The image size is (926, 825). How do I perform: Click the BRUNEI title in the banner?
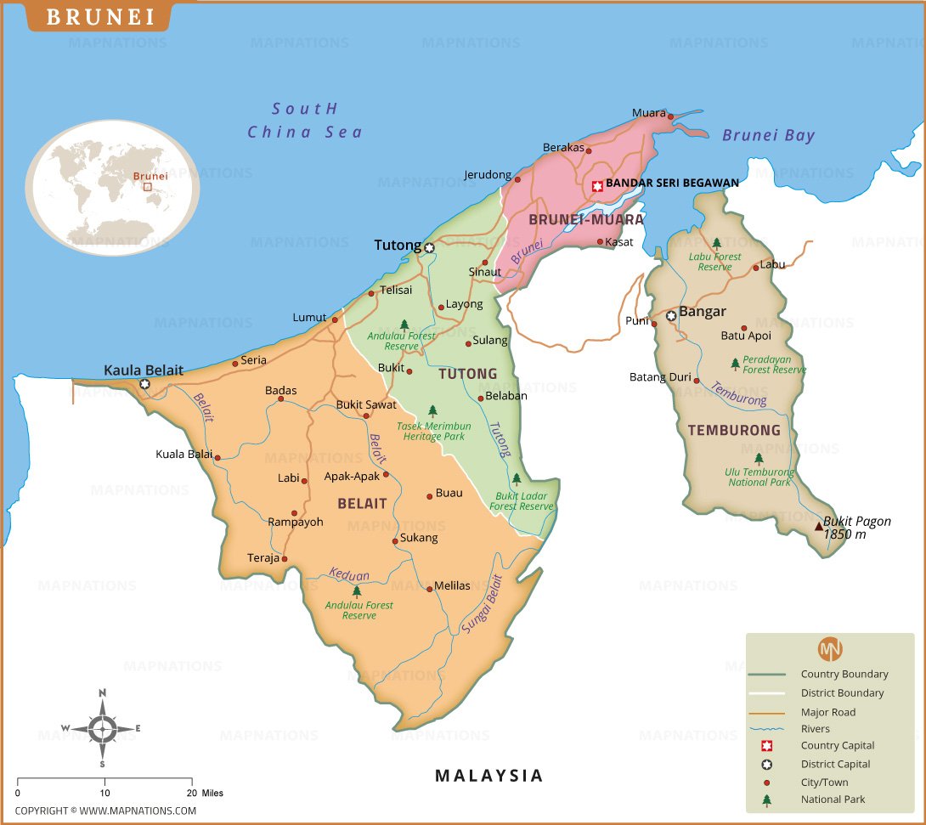coord(100,17)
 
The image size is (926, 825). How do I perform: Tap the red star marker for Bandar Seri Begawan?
coord(597,185)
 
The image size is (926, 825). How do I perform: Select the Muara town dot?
coord(670,116)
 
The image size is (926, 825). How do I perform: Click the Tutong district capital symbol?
coord(429,248)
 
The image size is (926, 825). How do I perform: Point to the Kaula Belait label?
coord(143,370)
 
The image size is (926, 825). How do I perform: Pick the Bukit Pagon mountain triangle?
coord(819,527)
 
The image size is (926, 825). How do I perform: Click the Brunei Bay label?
coord(768,135)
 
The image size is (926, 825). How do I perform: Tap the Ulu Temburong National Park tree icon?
coord(759,458)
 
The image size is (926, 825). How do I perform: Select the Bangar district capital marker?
coord(671,315)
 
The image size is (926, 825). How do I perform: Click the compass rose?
coord(102,728)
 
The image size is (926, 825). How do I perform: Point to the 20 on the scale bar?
coord(191,793)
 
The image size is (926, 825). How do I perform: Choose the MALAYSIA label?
coord(488,775)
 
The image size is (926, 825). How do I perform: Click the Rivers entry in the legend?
coord(815,729)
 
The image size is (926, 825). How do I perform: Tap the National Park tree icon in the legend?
coord(767,800)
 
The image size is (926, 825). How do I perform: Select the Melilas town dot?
coord(430,588)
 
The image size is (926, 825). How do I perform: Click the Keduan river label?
coord(349,575)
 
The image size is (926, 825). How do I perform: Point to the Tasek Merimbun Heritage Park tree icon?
coord(432,410)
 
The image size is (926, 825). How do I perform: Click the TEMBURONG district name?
coord(734,431)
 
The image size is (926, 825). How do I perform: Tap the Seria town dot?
coord(235,364)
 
